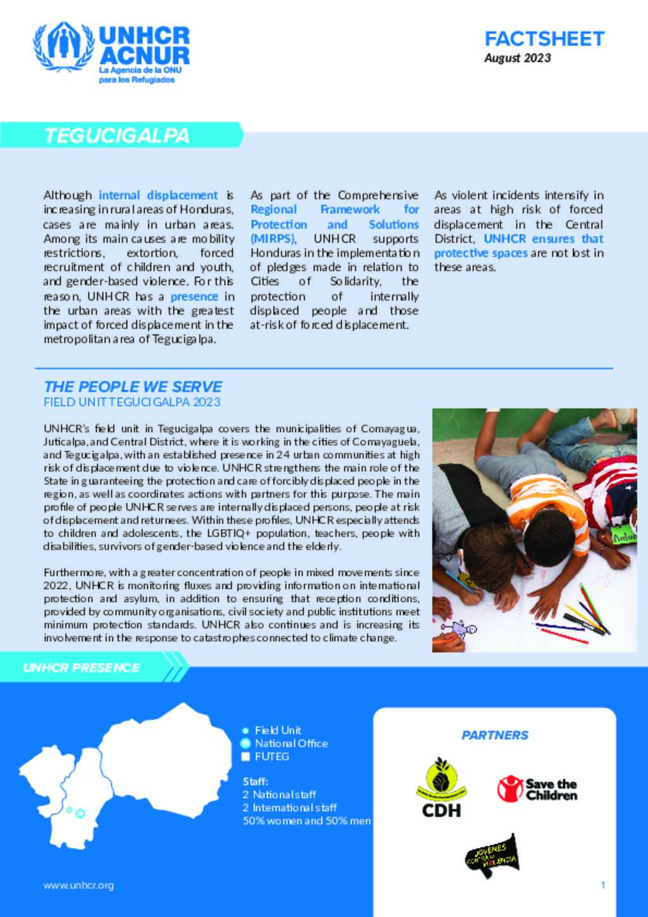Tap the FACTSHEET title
pyautogui.click(x=544, y=39)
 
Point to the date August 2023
pyautogui.click(x=517, y=58)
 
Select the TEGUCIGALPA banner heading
pyautogui.click(x=117, y=135)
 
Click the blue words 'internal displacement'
pyautogui.click(x=158, y=196)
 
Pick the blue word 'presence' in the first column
pyautogui.click(x=194, y=296)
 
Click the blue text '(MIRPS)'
pyautogui.click(x=272, y=239)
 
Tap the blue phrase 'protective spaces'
pyautogui.click(x=480, y=253)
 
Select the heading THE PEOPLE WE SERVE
pyautogui.click(x=133, y=387)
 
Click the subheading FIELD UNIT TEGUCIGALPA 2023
pyautogui.click(x=132, y=402)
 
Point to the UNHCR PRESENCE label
pyautogui.click(x=81, y=668)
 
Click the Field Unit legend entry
pyautogui.click(x=277, y=730)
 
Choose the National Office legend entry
pyautogui.click(x=290, y=744)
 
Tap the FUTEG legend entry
pyautogui.click(x=271, y=756)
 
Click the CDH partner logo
pyautogui.click(x=441, y=788)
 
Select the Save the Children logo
pyautogui.click(x=537, y=789)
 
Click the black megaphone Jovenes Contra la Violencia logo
pyautogui.click(x=492, y=856)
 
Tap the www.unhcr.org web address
pyautogui.click(x=78, y=885)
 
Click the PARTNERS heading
pyautogui.click(x=495, y=735)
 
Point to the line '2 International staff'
pyautogui.click(x=289, y=808)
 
